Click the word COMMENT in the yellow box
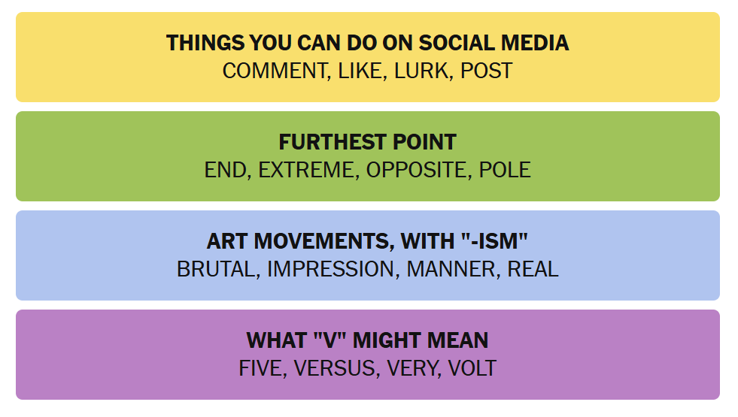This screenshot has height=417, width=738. (275, 71)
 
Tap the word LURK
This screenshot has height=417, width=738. (421, 71)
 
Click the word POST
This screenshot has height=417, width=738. (486, 71)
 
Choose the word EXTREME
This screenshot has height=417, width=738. (306, 170)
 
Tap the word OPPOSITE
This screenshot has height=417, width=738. (417, 170)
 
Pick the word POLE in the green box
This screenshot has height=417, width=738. (505, 170)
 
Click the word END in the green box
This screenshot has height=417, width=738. (225, 170)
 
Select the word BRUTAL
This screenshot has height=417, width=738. (216, 270)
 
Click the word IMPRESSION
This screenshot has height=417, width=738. (331, 270)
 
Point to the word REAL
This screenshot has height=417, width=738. (533, 270)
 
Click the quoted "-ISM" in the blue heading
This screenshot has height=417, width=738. (494, 241)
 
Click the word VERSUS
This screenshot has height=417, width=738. (335, 369)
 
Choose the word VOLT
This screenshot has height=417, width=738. (472, 369)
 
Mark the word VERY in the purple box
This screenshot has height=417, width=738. (412, 369)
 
